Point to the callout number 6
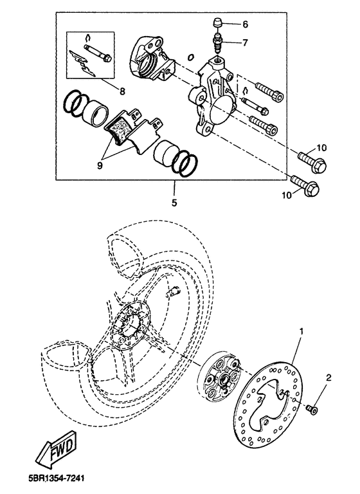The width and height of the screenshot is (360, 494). pos(245,24)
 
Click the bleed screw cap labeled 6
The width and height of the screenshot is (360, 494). pos(217,23)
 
